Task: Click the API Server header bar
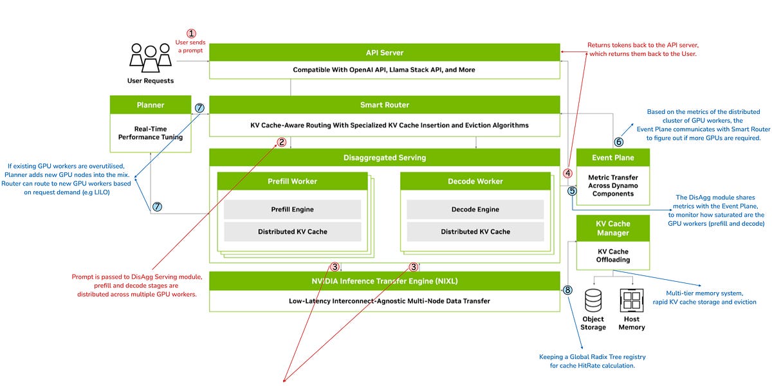[x=384, y=52]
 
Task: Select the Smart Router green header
[x=384, y=105]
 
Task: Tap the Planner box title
[x=151, y=105]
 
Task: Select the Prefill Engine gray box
[x=292, y=209]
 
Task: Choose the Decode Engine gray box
[x=475, y=209]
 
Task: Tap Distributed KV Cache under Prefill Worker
[x=292, y=232]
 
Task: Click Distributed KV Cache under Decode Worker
[x=475, y=232]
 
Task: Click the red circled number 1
[x=191, y=33]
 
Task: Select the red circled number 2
[x=281, y=142]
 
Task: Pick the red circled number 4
[x=568, y=172]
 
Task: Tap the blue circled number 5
[x=572, y=190]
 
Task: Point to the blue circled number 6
[x=619, y=142]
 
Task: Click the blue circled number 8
[x=567, y=290]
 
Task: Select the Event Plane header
[x=613, y=158]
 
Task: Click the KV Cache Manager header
[x=613, y=228]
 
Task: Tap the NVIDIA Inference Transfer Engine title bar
[x=384, y=280]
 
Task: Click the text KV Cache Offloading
[x=613, y=255]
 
